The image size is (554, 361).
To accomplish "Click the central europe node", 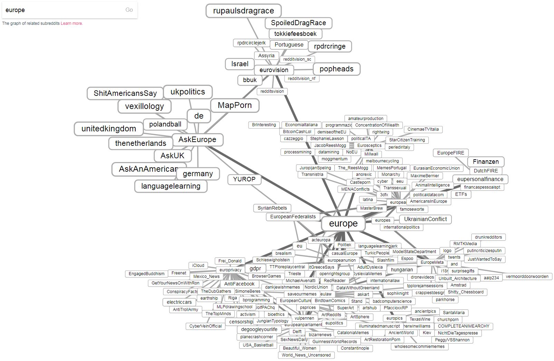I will (x=343, y=223).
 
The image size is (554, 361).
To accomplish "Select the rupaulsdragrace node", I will (x=243, y=11).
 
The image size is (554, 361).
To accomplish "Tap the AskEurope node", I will (x=197, y=140).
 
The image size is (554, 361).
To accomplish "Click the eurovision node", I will (x=274, y=70).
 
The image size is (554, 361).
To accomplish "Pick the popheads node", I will (x=336, y=69).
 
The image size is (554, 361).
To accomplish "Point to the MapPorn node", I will (x=235, y=106).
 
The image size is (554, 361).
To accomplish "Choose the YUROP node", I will (x=244, y=179).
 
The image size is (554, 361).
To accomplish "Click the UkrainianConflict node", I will (x=425, y=219).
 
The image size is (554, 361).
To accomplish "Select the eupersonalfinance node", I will (x=480, y=179).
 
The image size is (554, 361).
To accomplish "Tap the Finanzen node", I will (x=486, y=162).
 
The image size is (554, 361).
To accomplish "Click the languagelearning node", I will (x=171, y=186).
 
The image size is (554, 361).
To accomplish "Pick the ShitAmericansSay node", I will (x=125, y=93).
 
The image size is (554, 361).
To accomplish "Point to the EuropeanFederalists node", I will (x=293, y=217).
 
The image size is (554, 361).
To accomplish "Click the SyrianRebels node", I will (x=272, y=208).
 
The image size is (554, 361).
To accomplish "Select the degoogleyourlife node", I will (x=259, y=329).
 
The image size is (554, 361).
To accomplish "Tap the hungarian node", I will (x=402, y=270).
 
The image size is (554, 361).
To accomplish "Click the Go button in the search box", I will (x=129, y=10).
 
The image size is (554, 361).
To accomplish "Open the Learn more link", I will (x=71, y=23).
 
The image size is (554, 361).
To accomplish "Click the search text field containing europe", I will (x=62, y=10).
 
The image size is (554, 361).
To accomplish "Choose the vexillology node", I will (x=144, y=107).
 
